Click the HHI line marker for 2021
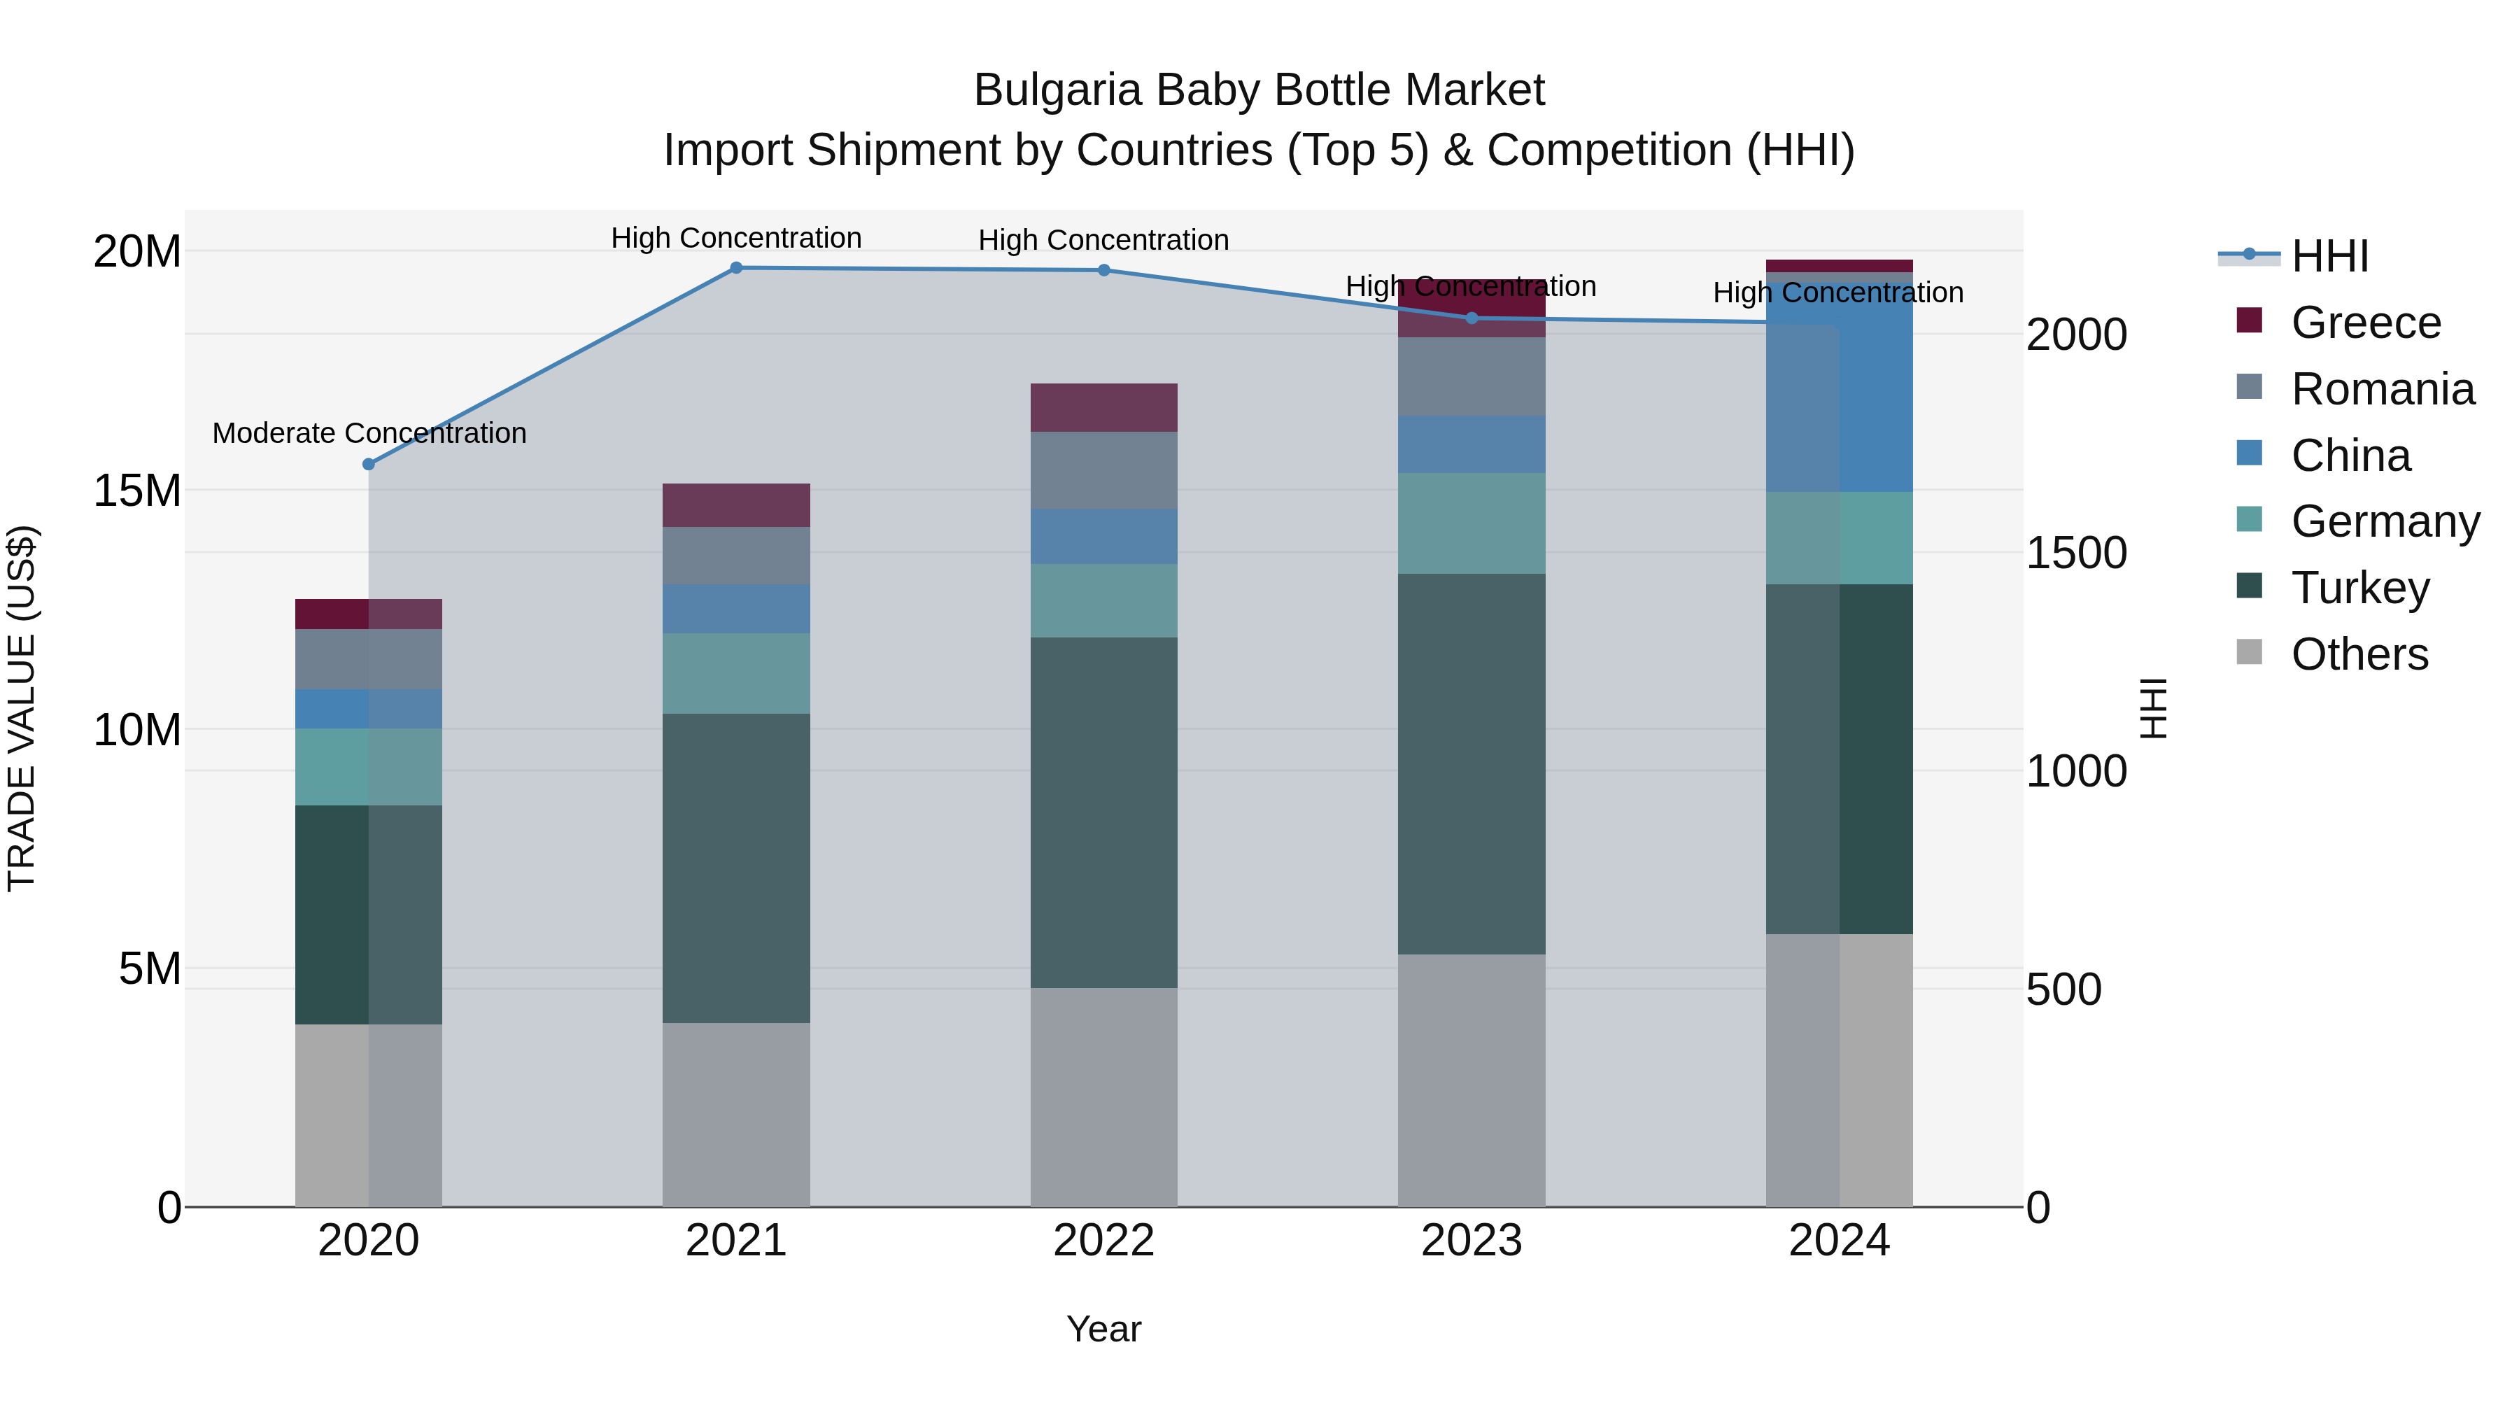click(736, 268)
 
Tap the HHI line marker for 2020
click(369, 465)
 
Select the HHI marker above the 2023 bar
click(1472, 318)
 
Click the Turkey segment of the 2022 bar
click(1104, 812)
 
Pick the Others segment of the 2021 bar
click(736, 1115)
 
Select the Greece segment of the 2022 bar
click(1104, 408)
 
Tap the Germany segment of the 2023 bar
click(1472, 523)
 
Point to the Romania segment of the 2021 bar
click(736, 556)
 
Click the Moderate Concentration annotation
click(369, 432)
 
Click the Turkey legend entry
click(2359, 588)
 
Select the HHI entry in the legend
click(2329, 256)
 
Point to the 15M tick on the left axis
click(137, 490)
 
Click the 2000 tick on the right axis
click(2075, 334)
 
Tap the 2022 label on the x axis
click(1104, 1241)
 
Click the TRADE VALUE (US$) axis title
click(22, 708)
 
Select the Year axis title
click(1104, 1329)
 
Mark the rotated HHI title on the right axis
click(2153, 708)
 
